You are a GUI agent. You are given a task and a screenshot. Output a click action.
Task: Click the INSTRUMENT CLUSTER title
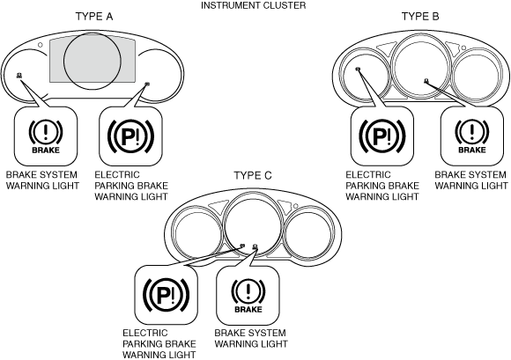(253, 5)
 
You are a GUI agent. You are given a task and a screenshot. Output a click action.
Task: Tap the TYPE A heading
(94, 16)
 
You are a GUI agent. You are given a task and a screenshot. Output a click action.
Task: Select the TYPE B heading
(420, 16)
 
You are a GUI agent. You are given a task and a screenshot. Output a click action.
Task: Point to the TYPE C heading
(253, 175)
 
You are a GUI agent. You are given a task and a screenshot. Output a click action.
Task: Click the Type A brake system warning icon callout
(46, 136)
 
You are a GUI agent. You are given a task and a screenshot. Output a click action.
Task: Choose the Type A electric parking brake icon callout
(130, 136)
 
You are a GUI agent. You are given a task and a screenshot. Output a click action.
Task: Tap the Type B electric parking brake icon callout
(382, 136)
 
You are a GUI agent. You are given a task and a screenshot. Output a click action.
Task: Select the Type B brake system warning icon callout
(472, 136)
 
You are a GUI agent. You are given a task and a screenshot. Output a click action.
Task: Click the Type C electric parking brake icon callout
(167, 295)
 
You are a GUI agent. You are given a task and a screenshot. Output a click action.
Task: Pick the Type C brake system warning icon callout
(248, 295)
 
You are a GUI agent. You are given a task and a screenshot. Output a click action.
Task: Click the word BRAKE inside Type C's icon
(248, 309)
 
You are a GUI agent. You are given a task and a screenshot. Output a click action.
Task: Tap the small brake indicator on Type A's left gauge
(19, 76)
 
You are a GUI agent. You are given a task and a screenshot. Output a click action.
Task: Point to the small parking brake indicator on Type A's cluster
(147, 84)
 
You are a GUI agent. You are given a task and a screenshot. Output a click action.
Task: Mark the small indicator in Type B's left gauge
(359, 69)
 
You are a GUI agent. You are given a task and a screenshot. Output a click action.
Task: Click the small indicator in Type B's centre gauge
(426, 81)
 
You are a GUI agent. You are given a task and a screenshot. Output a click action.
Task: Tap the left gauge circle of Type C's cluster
(172, 234)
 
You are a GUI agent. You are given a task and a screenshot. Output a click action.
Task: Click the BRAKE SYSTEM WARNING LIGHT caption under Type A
(42, 180)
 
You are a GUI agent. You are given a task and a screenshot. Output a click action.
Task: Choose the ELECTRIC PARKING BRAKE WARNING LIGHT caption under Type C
(159, 344)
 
